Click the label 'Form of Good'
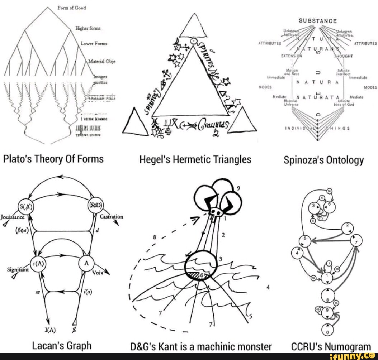tap(71, 8)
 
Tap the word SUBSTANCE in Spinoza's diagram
tap(318, 21)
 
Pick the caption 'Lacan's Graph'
tap(62, 346)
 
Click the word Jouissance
tap(12, 217)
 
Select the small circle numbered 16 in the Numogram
tap(329, 191)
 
